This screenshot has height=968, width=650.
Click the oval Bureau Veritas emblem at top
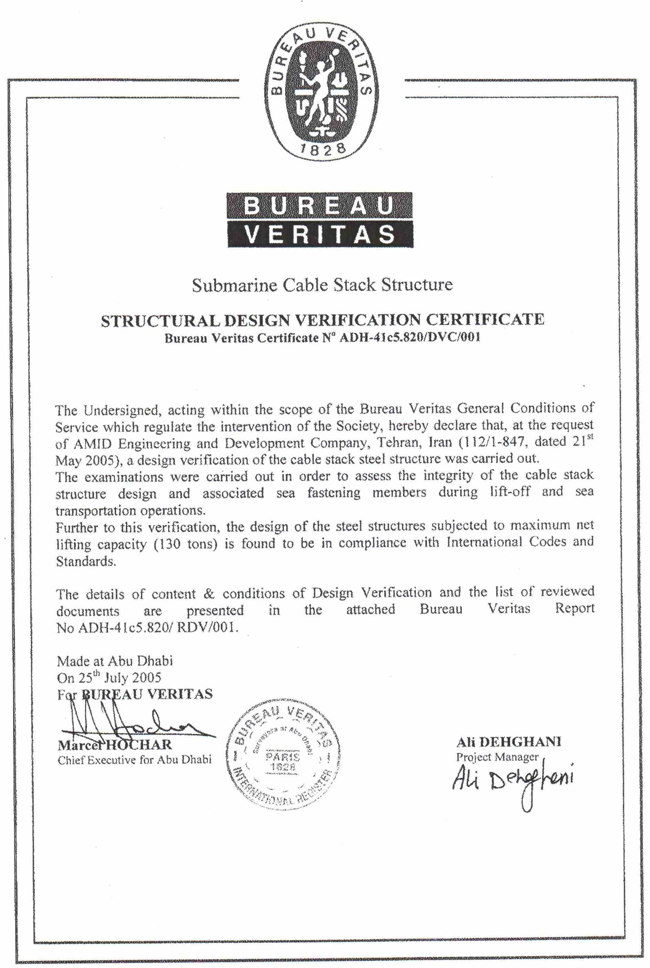(x=321, y=90)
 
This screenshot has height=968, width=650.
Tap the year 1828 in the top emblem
(x=322, y=148)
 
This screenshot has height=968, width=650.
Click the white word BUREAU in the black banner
(x=319, y=206)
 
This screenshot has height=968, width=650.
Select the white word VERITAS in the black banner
(x=320, y=234)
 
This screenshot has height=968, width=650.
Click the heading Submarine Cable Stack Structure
(x=322, y=285)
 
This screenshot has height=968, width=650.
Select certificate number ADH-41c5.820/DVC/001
(x=409, y=337)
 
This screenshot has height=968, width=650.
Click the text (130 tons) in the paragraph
(x=186, y=544)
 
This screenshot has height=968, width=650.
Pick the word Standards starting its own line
(x=86, y=562)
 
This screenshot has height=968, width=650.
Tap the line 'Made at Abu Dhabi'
(x=115, y=660)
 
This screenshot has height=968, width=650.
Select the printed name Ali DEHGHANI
(x=508, y=742)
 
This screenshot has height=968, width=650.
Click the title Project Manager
(x=497, y=757)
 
